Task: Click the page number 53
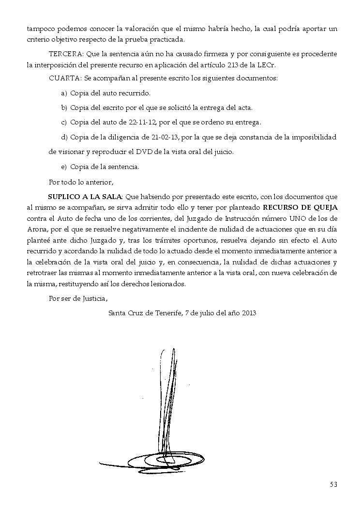(x=333, y=484)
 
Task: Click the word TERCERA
(x=65, y=54)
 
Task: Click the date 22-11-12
(x=138, y=123)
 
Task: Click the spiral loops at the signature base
(x=160, y=458)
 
